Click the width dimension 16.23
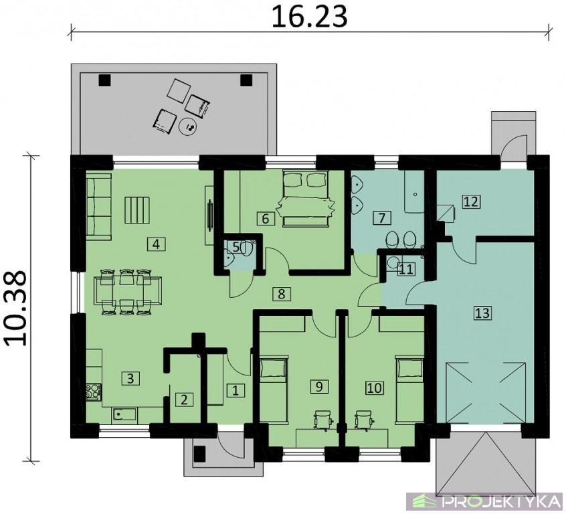(x=309, y=17)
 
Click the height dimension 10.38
(x=16, y=308)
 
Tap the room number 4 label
(x=157, y=244)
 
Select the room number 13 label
(x=482, y=313)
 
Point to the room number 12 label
(x=471, y=201)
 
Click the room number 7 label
(x=381, y=218)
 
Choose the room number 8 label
(x=281, y=294)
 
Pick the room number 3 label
(x=130, y=378)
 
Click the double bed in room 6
(x=306, y=199)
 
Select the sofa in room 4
(x=98, y=206)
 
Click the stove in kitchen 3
(x=94, y=392)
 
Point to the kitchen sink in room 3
(x=124, y=414)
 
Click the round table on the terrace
(x=189, y=126)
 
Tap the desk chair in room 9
(x=324, y=420)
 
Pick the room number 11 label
(x=405, y=269)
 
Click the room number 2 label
(x=184, y=400)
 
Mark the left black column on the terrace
(x=104, y=80)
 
